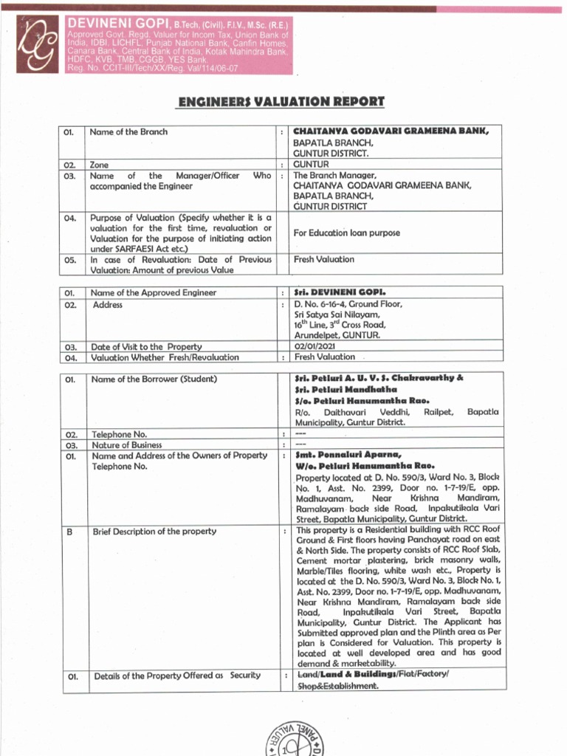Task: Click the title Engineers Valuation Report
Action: pyautogui.click(x=281, y=101)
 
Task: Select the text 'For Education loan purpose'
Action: pyautogui.click(x=346, y=233)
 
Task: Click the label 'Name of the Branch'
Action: pyautogui.click(x=128, y=132)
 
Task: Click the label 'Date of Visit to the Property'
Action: pyautogui.click(x=145, y=346)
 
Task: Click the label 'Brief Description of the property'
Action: pyautogui.click(x=154, y=531)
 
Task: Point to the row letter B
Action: pyautogui.click(x=67, y=531)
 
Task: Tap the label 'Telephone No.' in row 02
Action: pyautogui.click(x=119, y=435)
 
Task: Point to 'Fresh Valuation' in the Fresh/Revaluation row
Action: pyautogui.click(x=324, y=357)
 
